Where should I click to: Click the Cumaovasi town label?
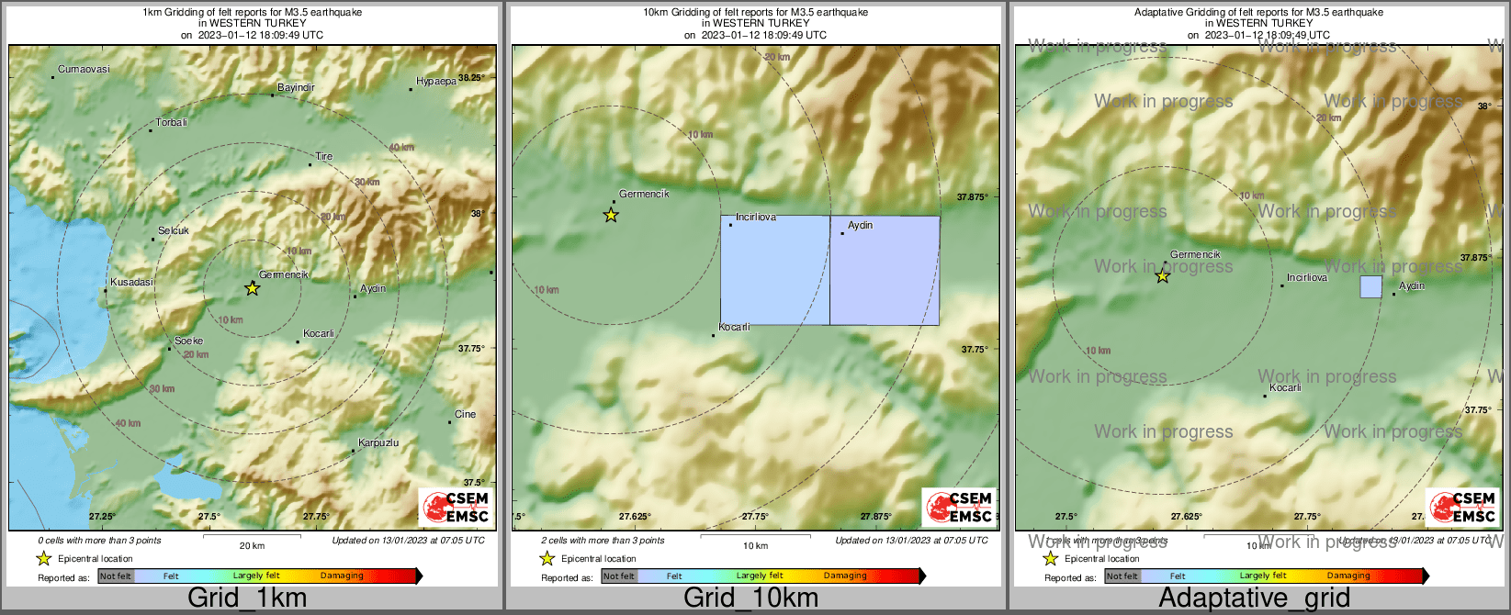84,70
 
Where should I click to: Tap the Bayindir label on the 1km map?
297,88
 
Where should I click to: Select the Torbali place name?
172,122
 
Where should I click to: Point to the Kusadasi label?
132,283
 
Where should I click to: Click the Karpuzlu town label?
378,443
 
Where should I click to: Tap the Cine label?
466,414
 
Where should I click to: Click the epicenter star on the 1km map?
253,288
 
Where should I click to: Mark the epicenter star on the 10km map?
611,216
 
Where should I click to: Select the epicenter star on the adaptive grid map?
1163,275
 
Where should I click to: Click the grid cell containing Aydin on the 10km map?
885,271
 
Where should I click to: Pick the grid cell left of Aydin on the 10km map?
775,271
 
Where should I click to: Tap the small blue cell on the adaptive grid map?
1370,287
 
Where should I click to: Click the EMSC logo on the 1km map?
456,506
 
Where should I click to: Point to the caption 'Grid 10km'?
750,598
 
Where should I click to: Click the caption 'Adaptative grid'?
1254,598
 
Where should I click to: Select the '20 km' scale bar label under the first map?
252,546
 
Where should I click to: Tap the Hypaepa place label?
436,82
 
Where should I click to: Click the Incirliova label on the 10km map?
756,218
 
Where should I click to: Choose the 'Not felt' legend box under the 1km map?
116,576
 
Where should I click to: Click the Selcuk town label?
174,231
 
